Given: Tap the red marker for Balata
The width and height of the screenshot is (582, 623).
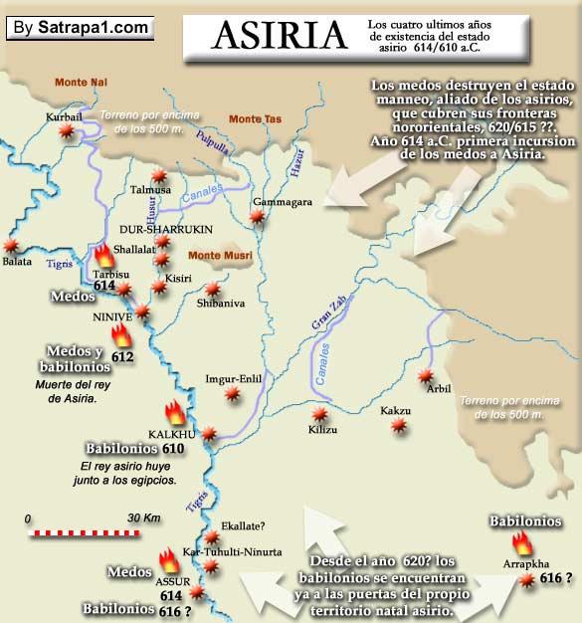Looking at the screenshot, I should click(x=11, y=245).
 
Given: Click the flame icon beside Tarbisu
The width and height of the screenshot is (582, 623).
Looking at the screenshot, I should click(x=105, y=257).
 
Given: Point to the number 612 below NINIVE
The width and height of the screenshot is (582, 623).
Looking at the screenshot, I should click(x=122, y=355).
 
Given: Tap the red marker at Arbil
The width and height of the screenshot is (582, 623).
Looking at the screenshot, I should click(x=426, y=375).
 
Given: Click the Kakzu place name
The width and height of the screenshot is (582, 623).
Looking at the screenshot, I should click(x=395, y=410).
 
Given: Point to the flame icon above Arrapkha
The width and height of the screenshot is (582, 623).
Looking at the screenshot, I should click(x=521, y=542).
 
